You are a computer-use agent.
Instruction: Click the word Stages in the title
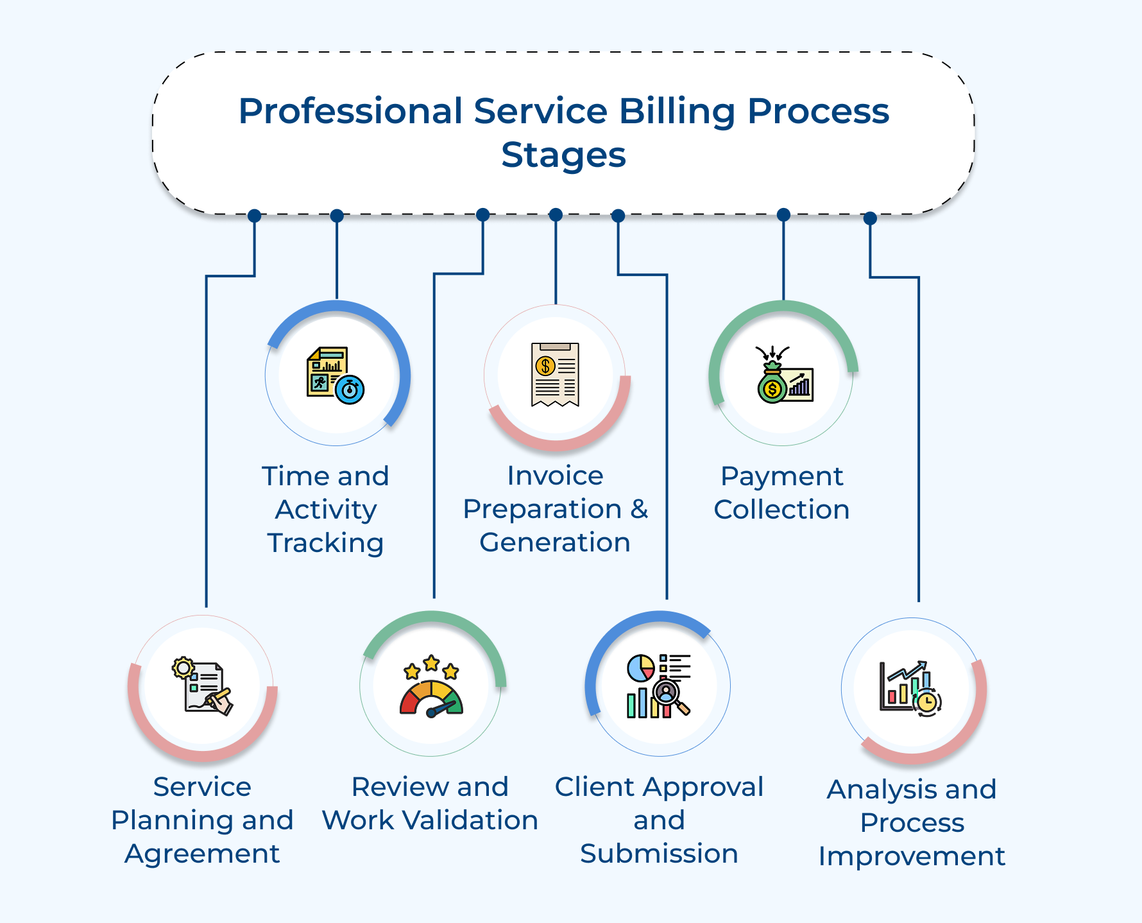[563, 155]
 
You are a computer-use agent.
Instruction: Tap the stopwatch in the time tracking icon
[350, 390]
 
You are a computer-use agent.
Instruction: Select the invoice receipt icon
[555, 374]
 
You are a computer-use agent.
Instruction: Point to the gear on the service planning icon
[183, 668]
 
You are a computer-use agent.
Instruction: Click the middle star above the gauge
[431, 662]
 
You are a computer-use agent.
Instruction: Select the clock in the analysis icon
[926, 702]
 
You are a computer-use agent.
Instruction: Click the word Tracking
[325, 543]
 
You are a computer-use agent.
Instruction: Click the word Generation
[554, 542]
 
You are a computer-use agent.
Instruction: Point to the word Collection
[781, 510]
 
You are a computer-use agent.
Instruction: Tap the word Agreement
[202, 854]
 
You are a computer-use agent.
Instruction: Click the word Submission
[659, 854]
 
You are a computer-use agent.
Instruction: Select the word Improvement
[912, 856]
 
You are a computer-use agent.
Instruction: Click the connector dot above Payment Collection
[783, 215]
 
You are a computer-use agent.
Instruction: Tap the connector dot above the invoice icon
[556, 215]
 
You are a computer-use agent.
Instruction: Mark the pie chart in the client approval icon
[640, 668]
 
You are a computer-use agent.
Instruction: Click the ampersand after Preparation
[639, 509]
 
